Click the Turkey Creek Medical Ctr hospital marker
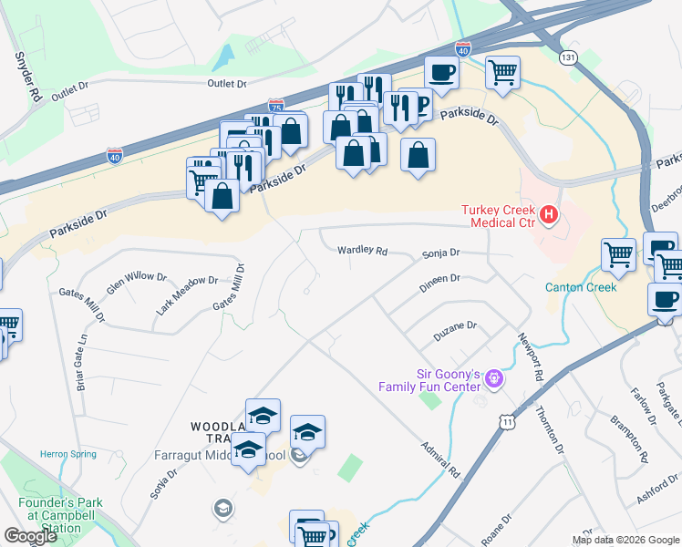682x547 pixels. tap(549, 215)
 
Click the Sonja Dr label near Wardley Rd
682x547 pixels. tap(440, 253)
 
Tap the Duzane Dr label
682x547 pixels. tap(455, 325)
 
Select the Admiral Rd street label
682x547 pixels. tap(442, 461)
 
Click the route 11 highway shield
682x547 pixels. tap(507, 421)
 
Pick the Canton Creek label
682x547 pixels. tap(581, 287)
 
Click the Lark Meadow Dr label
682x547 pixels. tap(187, 295)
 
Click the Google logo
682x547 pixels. tap(30, 536)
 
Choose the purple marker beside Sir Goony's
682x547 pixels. tap(494, 376)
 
